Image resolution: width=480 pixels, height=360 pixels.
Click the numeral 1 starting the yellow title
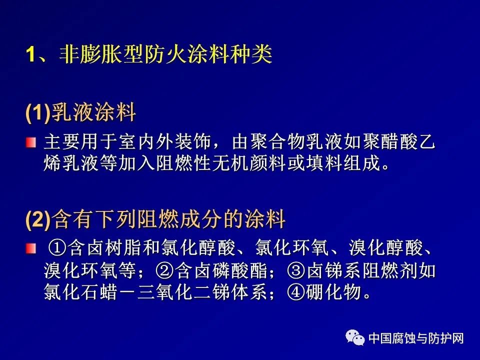(x=31, y=54)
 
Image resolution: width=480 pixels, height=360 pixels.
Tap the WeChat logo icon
(x=355, y=337)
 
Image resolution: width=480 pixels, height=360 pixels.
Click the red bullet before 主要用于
(x=31, y=142)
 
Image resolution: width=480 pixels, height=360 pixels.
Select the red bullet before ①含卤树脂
(x=31, y=248)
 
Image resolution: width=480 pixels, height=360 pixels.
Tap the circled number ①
(x=57, y=248)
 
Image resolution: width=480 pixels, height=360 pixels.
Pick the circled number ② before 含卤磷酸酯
(x=164, y=270)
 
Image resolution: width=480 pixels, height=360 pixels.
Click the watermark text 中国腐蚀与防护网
(x=416, y=338)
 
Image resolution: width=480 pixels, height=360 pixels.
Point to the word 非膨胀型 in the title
(x=101, y=54)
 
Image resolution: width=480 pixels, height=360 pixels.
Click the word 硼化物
(x=333, y=292)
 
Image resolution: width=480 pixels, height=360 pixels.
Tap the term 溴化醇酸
(x=386, y=248)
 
